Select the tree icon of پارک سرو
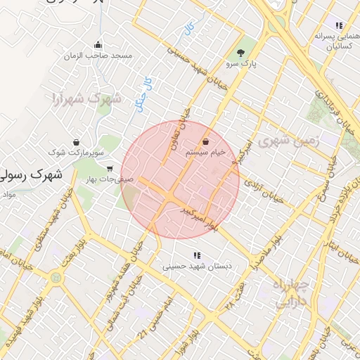tap(241, 52)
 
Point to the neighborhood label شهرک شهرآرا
tap(86, 98)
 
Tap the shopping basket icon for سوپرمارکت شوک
tap(75, 142)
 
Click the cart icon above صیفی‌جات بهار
tap(110, 169)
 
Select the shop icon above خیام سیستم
tap(205, 141)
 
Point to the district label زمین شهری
tap(288, 141)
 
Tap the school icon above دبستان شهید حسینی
tap(198, 255)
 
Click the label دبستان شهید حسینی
tap(198, 266)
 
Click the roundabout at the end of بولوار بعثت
tap(56, 278)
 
